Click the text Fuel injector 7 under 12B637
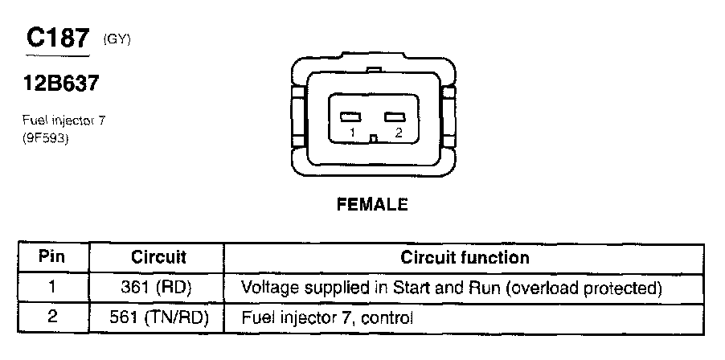63,121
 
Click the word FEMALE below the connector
371,204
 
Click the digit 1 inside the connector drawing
352,133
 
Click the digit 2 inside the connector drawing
398,133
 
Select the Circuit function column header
465,258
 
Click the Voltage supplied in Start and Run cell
451,287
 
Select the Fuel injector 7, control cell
327,318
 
